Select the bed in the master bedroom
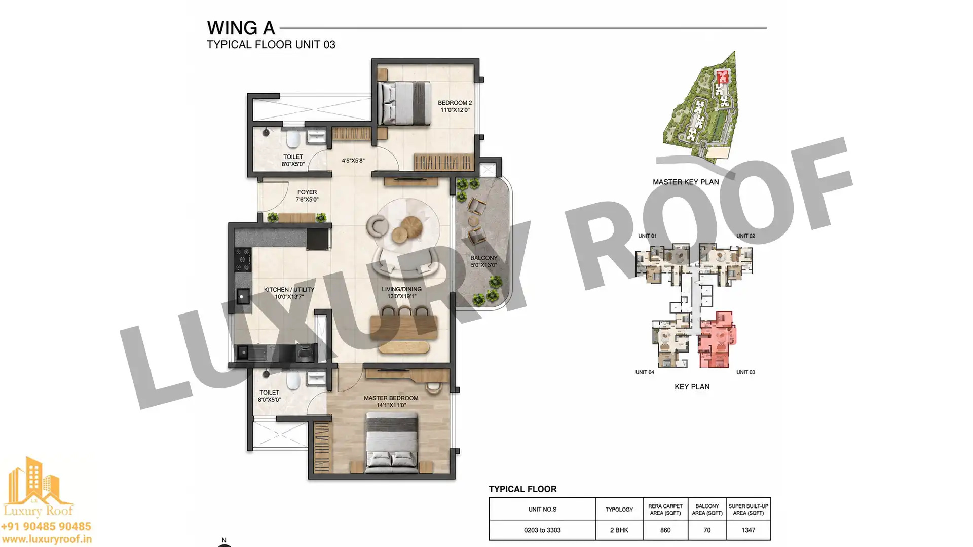392,443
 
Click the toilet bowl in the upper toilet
293,139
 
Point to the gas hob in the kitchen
243,259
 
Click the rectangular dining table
403,327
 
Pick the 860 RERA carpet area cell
665,530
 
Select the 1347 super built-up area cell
748,530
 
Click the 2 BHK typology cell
619,530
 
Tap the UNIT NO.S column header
542,510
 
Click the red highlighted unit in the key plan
716,339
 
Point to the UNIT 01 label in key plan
647,236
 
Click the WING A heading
241,28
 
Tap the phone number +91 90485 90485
46,527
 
